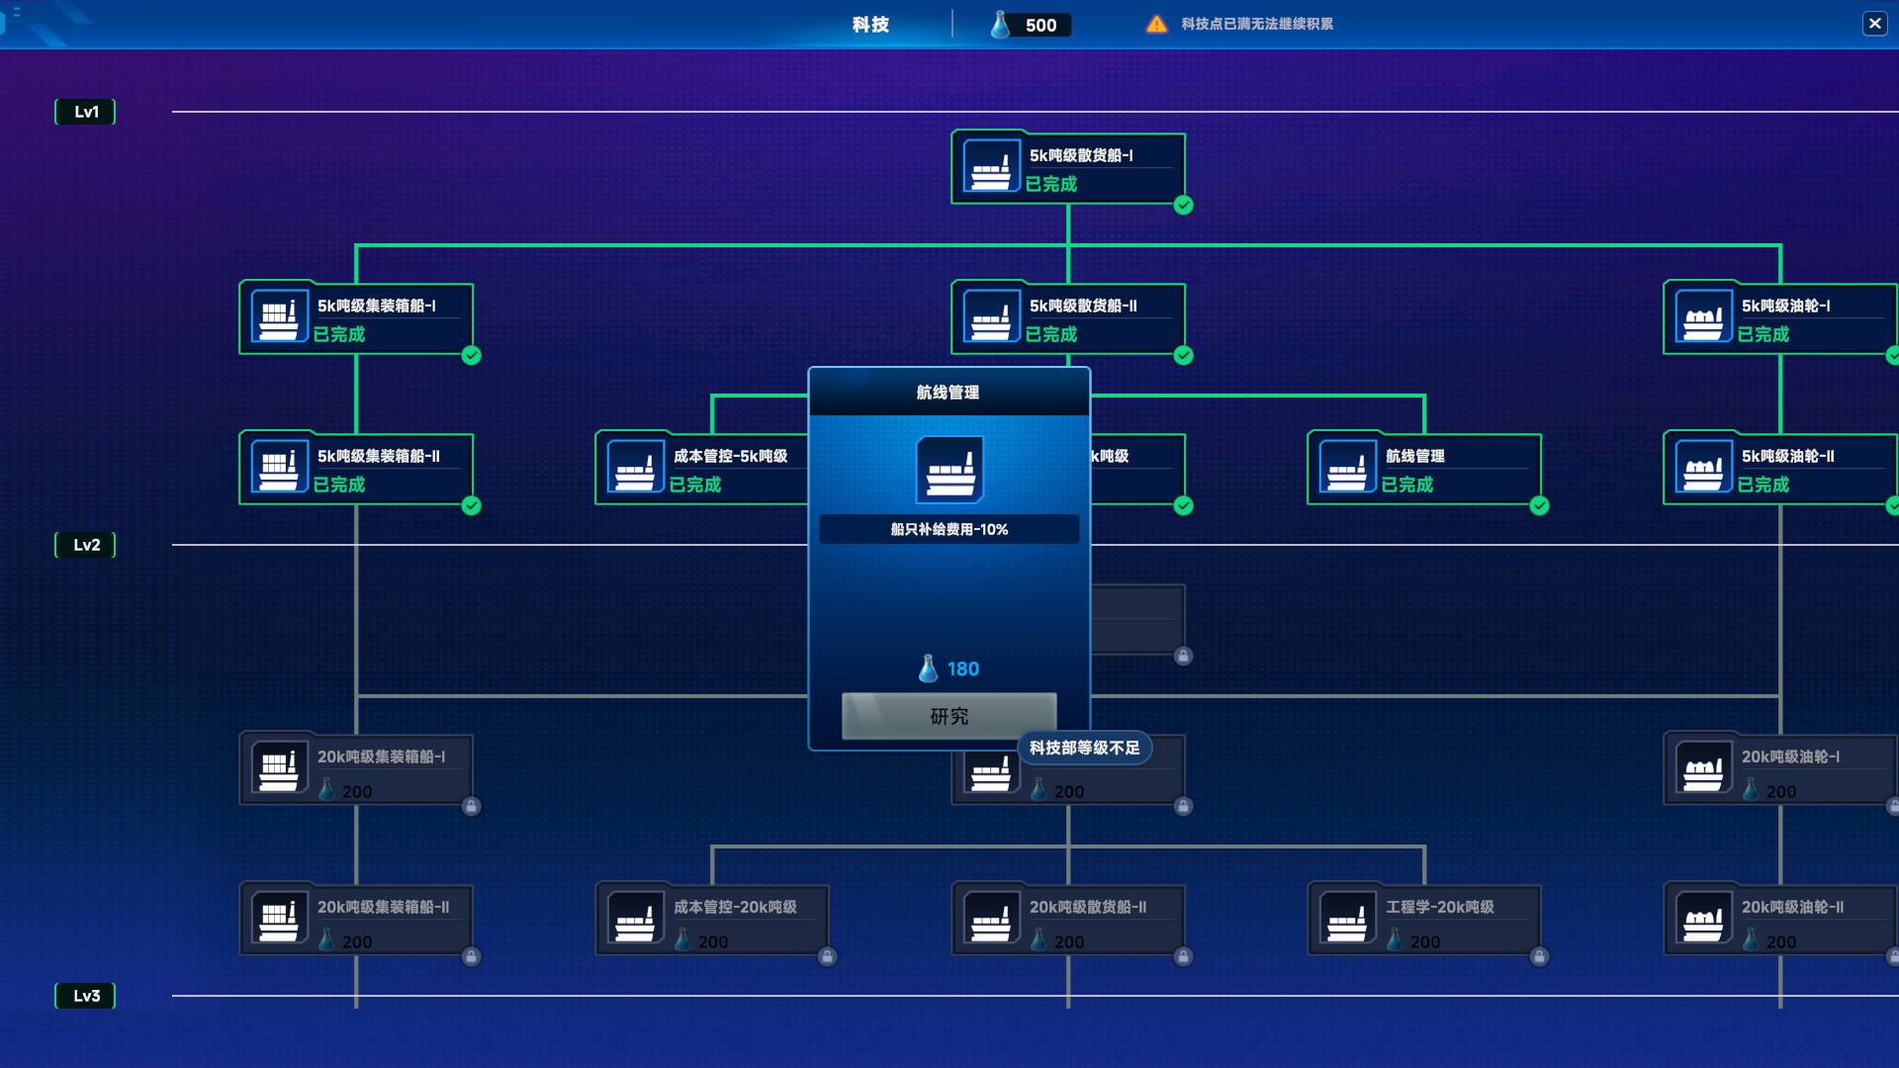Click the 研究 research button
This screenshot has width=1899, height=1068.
click(949, 716)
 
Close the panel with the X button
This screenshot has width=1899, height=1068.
click(1874, 24)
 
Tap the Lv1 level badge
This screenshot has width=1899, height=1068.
click(86, 112)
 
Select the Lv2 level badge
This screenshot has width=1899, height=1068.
click(86, 545)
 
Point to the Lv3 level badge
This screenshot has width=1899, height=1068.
click(86, 996)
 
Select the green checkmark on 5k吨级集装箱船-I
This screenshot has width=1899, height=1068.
click(472, 356)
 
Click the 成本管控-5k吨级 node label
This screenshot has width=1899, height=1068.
click(730, 456)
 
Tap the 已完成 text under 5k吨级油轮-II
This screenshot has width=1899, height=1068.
click(1763, 485)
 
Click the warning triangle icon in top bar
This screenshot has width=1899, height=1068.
click(1156, 24)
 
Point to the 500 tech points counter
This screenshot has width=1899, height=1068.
click(1040, 25)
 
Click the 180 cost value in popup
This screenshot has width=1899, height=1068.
click(962, 669)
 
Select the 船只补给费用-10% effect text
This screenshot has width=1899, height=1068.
click(949, 529)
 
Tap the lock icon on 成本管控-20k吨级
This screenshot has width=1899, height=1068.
click(828, 956)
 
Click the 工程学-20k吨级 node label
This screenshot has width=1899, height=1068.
click(1439, 907)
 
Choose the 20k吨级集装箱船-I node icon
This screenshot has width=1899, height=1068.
click(279, 767)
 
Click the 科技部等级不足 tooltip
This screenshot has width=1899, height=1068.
click(1084, 749)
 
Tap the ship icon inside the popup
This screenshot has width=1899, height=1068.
click(949, 470)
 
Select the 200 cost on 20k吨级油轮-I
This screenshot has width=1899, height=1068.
click(1780, 791)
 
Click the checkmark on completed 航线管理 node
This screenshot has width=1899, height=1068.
click(1540, 506)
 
